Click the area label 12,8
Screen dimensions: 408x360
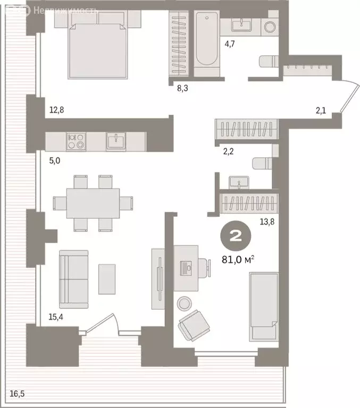coord(56,110)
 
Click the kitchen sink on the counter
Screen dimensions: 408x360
coord(115,141)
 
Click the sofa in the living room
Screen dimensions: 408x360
coord(73,279)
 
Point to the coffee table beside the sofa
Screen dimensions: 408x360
coord(107,278)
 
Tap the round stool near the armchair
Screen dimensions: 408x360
coord(185,303)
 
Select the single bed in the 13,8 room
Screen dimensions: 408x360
coord(264,306)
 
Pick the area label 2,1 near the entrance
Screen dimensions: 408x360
coord(321,110)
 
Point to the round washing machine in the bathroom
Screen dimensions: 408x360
coord(270,25)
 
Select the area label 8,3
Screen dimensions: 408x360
coord(182,88)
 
